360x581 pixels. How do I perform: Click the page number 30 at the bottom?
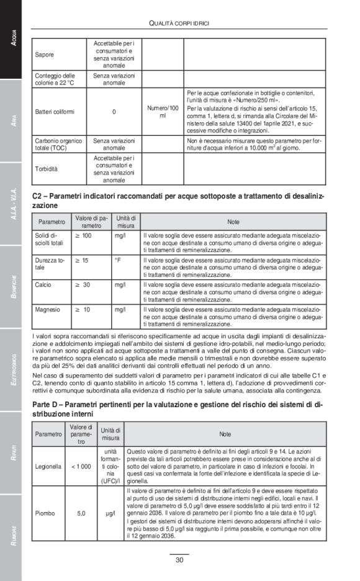(179, 559)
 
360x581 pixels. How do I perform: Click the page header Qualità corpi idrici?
(179, 24)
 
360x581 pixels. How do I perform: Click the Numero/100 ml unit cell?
(163, 112)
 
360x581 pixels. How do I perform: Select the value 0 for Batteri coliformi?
(114, 112)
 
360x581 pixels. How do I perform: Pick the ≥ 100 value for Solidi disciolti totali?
(84, 236)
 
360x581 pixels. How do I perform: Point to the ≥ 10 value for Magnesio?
(84, 309)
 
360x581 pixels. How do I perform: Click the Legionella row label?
(48, 464)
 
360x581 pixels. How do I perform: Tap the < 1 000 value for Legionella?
(81, 464)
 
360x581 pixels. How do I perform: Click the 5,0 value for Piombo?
(81, 513)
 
